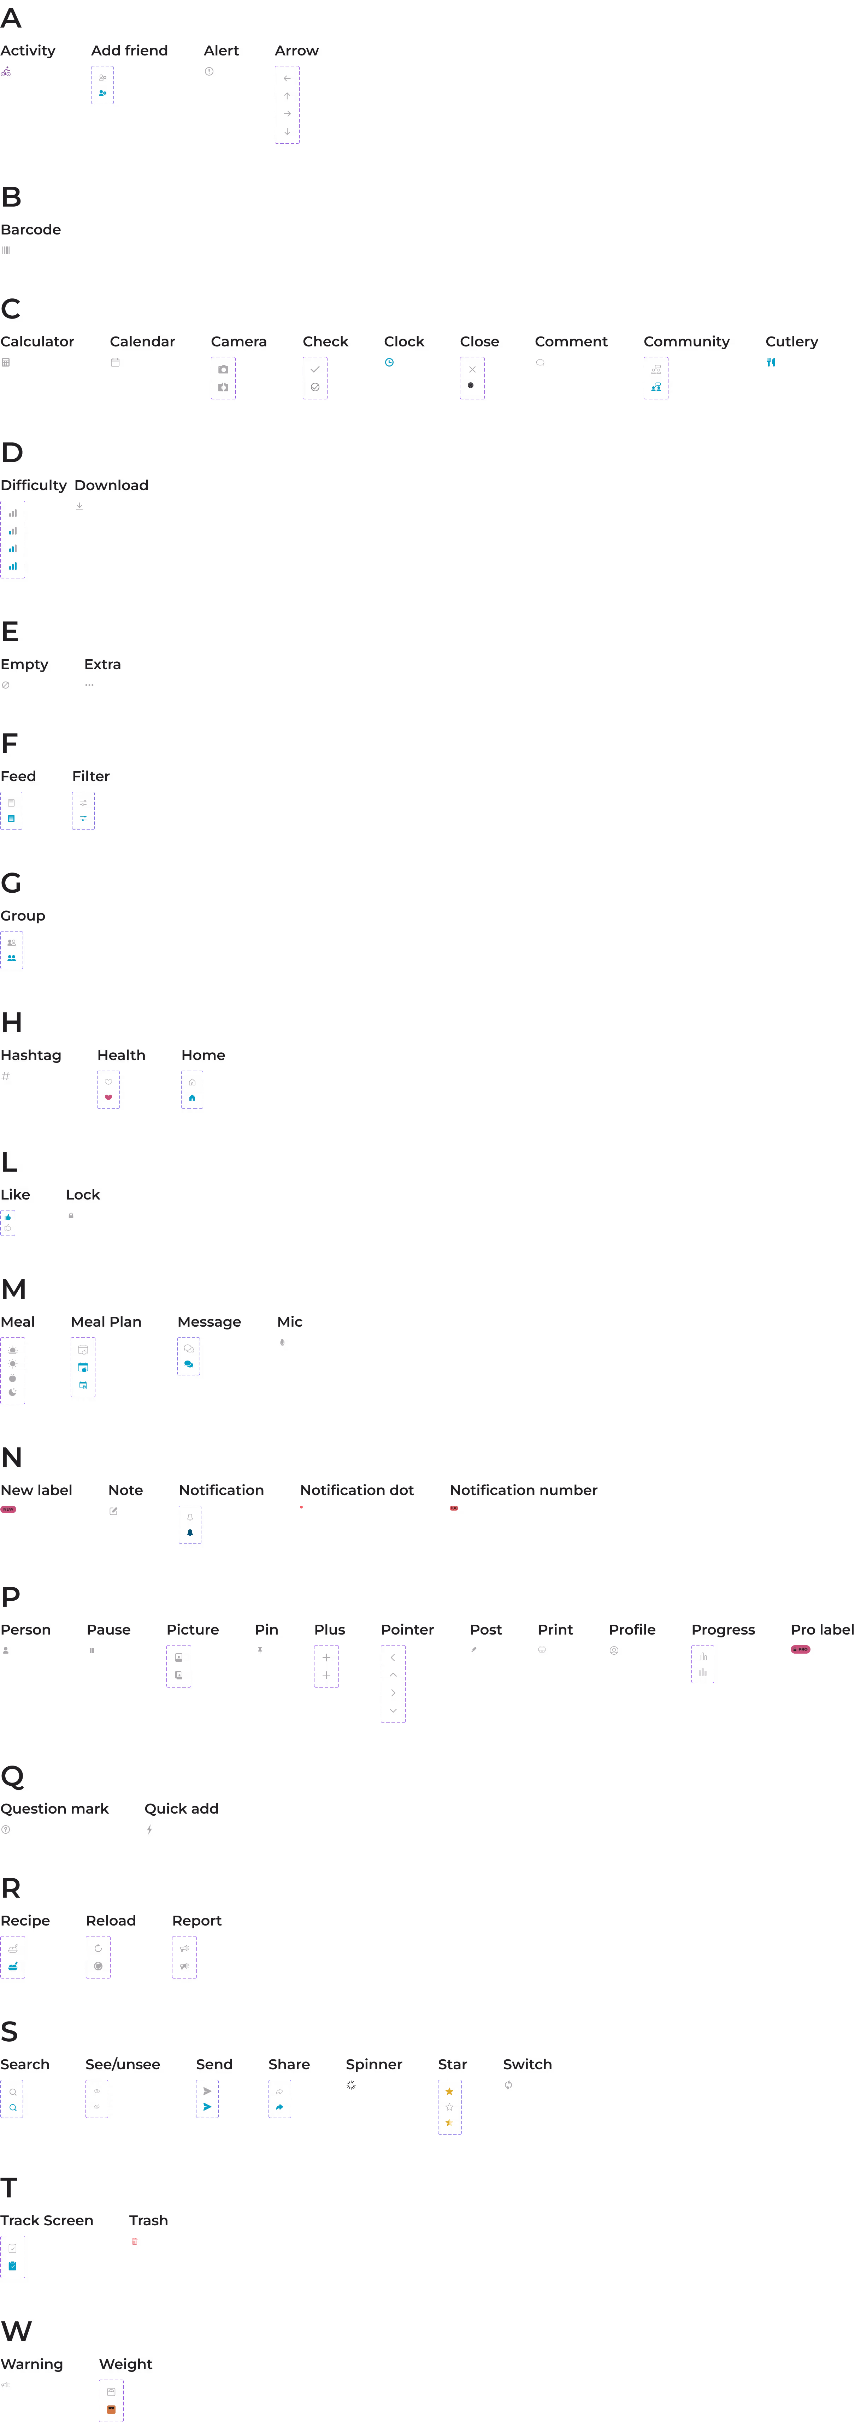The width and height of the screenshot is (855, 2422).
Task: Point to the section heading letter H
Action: [x=11, y=1023]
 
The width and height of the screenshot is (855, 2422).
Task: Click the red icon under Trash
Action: [x=135, y=2242]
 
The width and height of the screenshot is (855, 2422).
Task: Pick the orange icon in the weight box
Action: [x=111, y=2409]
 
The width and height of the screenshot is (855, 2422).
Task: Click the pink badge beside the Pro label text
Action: [x=801, y=1650]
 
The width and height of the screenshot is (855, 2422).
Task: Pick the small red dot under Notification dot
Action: [x=302, y=1507]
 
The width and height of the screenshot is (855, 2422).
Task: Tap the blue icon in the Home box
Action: [x=192, y=1097]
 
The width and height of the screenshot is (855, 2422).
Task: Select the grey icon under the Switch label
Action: [x=509, y=2084]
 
